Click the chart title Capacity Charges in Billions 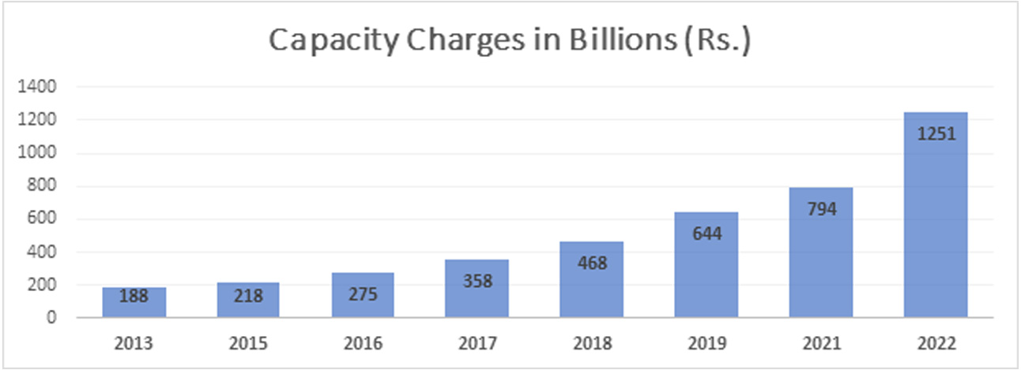point(510,41)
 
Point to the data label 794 point(821,209)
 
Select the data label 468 point(591,263)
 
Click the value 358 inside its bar point(477,281)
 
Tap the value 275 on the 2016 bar point(363,295)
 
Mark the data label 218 point(248,297)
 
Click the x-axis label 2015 point(248,344)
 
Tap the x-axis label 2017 point(477,344)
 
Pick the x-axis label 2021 point(821,344)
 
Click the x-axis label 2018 point(591,344)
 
